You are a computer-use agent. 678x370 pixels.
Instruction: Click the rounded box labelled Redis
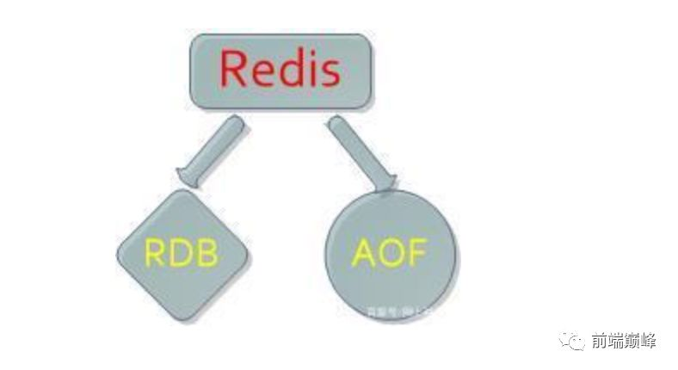click(x=280, y=71)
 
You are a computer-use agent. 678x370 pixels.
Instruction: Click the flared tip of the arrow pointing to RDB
click(x=190, y=177)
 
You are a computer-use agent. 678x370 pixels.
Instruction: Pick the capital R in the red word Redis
click(x=235, y=70)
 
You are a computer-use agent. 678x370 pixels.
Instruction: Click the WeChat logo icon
click(x=572, y=342)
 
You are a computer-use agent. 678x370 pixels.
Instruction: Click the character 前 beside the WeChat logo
click(x=599, y=342)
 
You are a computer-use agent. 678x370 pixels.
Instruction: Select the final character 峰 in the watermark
click(x=648, y=342)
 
